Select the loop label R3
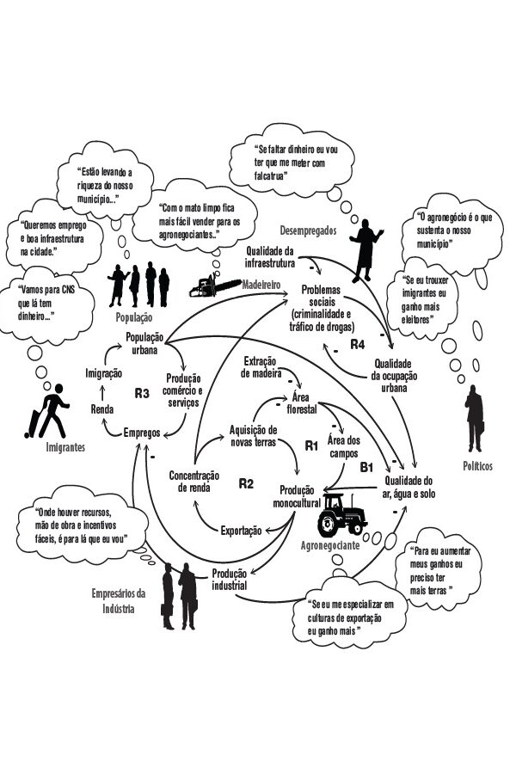pos(143,393)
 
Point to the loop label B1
pos(366,467)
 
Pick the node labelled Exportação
pos(241,531)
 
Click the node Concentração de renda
pos(193,481)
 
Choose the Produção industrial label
pos(230,579)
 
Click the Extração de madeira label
pos(266,366)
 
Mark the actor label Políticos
pos(477,465)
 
